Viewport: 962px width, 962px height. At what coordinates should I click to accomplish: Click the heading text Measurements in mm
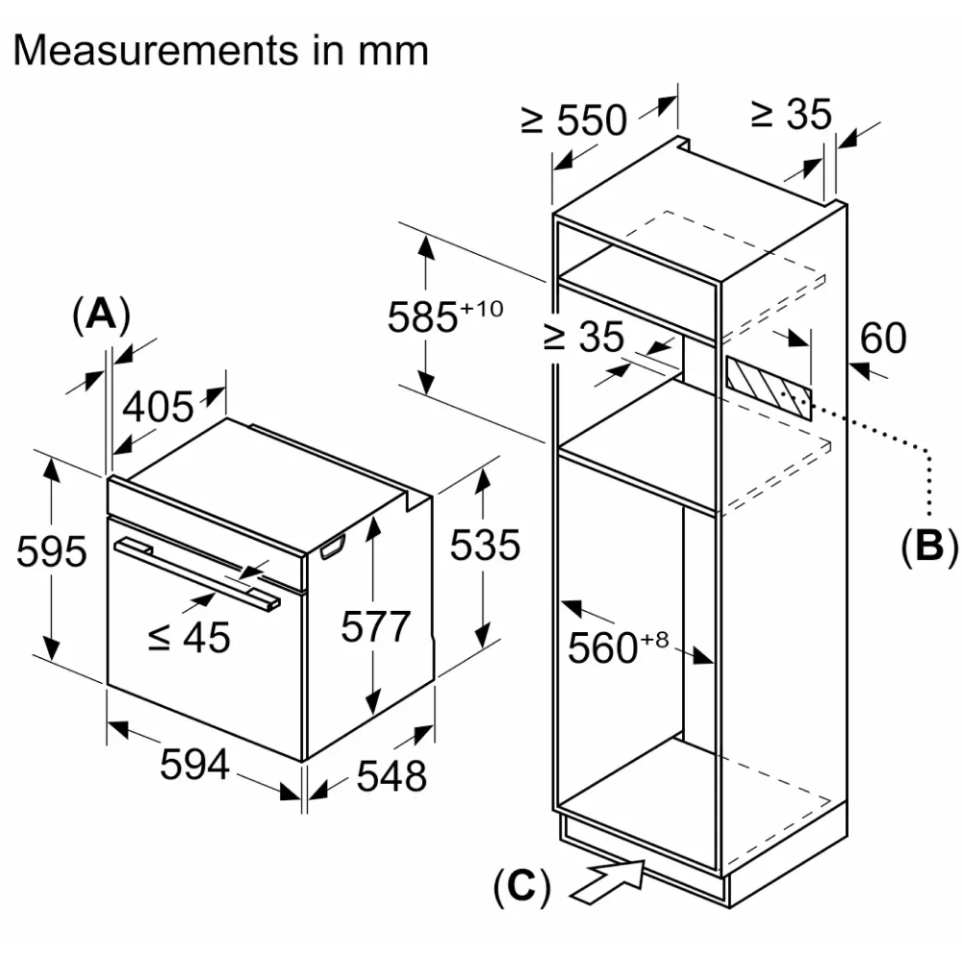(x=221, y=50)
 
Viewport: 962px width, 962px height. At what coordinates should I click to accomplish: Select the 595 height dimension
(x=52, y=551)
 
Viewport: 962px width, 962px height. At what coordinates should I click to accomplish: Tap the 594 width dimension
(x=194, y=764)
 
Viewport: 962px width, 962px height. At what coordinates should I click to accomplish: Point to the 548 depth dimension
(x=392, y=775)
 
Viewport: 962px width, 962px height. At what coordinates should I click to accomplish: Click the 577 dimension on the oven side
(x=375, y=626)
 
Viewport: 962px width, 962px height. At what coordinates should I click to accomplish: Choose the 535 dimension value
(x=485, y=544)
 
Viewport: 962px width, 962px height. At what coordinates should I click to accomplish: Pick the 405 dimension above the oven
(x=159, y=406)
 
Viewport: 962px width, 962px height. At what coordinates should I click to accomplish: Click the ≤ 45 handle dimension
(x=189, y=637)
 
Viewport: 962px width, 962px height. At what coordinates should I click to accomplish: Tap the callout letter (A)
(x=101, y=316)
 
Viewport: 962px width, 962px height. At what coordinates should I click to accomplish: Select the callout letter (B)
(x=929, y=545)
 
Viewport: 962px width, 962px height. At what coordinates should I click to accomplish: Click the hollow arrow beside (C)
(x=609, y=881)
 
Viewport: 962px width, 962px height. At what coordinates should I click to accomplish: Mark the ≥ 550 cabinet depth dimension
(x=574, y=119)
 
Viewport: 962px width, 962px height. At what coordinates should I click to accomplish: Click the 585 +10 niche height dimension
(x=445, y=316)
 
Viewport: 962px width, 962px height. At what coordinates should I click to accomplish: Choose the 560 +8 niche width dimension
(x=618, y=646)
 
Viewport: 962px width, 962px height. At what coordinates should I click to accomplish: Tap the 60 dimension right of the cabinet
(x=883, y=338)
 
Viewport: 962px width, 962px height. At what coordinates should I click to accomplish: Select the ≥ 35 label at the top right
(x=792, y=114)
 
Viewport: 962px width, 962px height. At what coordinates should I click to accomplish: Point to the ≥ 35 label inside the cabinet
(x=584, y=337)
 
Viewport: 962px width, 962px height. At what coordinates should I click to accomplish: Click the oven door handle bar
(x=196, y=573)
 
